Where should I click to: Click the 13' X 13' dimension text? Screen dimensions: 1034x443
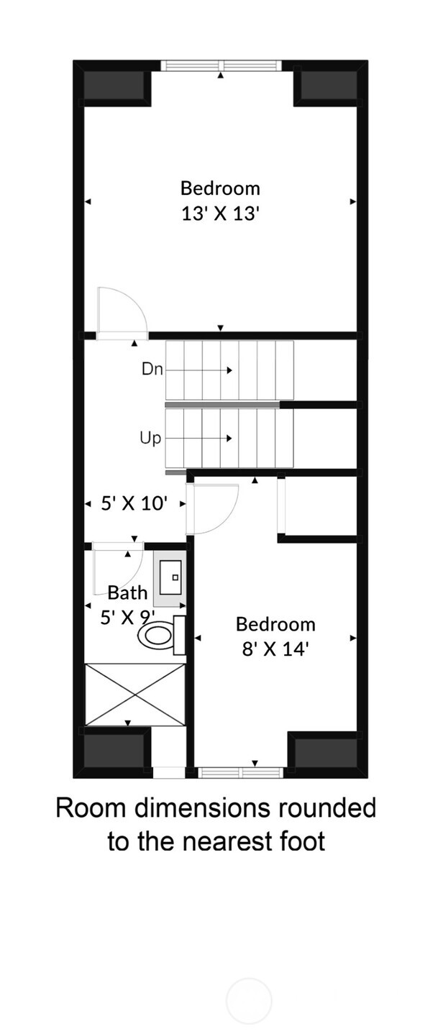[220, 214]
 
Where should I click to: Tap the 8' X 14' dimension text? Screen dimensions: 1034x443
[275, 649]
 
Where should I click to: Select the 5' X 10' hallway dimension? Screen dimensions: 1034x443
[134, 504]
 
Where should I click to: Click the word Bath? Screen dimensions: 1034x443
[127, 593]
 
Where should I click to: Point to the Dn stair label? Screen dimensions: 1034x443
[152, 370]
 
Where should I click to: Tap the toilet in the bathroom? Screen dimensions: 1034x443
[157, 635]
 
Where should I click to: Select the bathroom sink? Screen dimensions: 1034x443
[171, 577]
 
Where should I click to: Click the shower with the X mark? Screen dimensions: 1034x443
[135, 695]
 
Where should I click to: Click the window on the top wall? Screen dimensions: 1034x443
[221, 65]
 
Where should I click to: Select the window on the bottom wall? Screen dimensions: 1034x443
[240, 773]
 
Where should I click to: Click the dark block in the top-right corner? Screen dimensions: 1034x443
[328, 86]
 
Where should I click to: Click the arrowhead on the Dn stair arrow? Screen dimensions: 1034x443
[229, 370]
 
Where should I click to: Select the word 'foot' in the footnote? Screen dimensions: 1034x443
[298, 840]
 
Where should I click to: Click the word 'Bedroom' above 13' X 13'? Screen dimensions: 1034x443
[220, 188]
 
